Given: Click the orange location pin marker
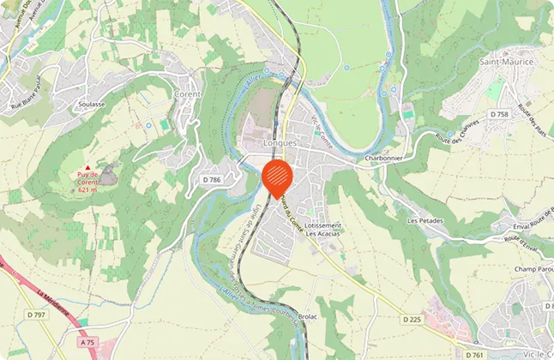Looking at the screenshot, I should [276, 177].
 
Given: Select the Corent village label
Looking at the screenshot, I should [188, 93].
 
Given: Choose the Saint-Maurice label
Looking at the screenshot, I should [506, 63].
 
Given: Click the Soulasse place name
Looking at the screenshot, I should [91, 105].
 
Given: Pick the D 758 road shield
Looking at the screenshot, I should [499, 114].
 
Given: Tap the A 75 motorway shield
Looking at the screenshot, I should [86, 341].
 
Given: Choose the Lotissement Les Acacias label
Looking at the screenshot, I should [324, 230].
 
